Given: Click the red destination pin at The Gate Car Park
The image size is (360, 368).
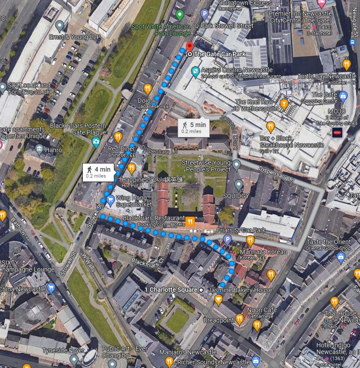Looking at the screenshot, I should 189,46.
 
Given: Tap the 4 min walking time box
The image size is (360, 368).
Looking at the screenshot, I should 99,172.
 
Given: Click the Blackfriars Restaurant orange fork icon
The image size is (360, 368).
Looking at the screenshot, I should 191,221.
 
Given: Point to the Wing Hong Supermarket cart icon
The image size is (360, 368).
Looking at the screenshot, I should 110,200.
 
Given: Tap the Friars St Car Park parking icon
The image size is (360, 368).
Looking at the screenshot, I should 228,239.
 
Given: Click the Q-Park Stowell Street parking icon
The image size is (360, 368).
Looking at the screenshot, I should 204,14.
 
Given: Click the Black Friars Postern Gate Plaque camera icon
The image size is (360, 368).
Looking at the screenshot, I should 95,142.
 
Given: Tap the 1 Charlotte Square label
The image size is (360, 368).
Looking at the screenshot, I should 171,289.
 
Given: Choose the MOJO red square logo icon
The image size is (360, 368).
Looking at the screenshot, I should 337,132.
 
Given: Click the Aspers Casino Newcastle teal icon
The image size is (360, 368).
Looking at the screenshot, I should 195,71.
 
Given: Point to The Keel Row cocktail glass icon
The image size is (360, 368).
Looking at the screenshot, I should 283,104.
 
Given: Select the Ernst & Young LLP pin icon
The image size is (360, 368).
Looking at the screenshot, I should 60,25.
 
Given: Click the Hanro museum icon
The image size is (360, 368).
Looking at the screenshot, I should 39,149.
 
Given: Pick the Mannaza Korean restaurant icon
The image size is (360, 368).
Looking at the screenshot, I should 250,240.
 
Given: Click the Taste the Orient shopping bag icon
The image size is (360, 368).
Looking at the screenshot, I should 340,257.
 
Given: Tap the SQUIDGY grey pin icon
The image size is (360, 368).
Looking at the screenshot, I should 238,184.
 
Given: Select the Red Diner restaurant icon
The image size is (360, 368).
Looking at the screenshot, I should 118,136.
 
